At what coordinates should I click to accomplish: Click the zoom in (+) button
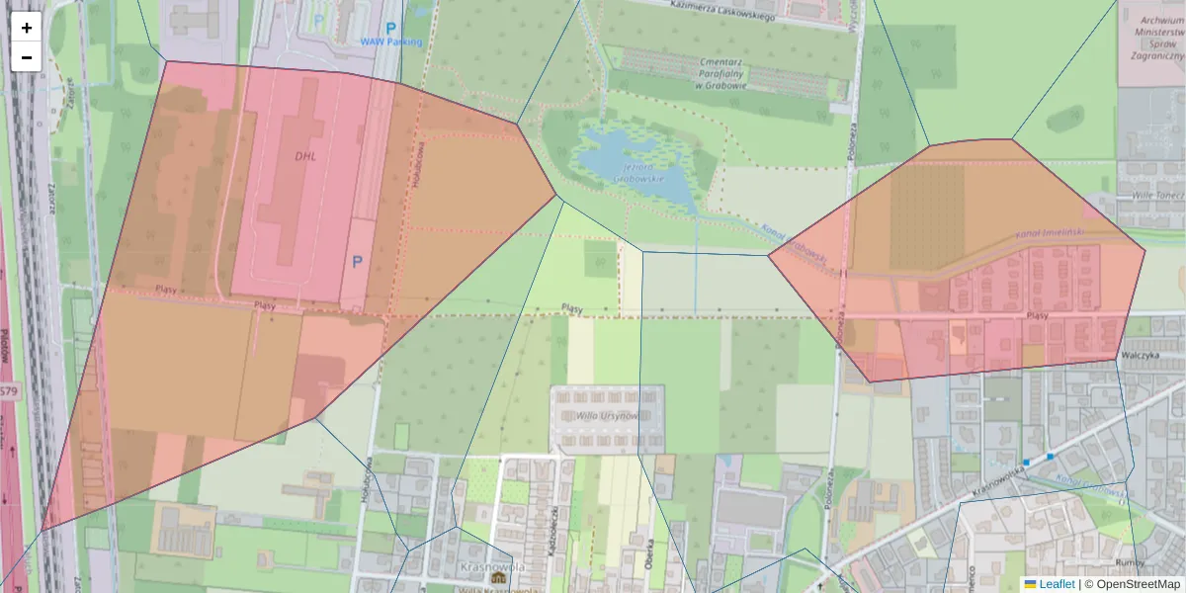click(27, 28)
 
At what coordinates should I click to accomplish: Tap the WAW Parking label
click(390, 42)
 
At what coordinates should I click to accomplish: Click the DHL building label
click(303, 155)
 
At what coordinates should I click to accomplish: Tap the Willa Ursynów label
click(607, 414)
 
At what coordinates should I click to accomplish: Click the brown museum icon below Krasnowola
click(498, 577)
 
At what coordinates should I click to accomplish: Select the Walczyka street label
click(1140, 355)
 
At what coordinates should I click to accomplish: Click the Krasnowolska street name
click(993, 476)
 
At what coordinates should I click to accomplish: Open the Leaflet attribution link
click(1056, 584)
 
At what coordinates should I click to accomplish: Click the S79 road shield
click(8, 391)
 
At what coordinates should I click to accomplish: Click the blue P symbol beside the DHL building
click(357, 262)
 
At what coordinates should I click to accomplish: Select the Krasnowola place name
click(491, 567)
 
